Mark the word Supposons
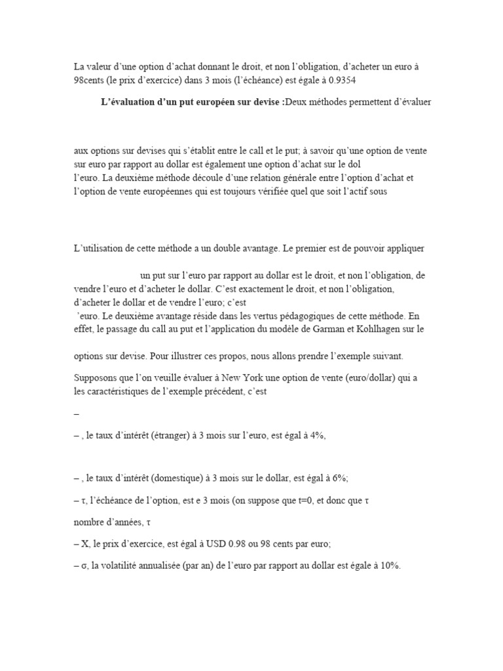96,376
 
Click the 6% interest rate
321,478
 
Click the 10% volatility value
389,567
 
